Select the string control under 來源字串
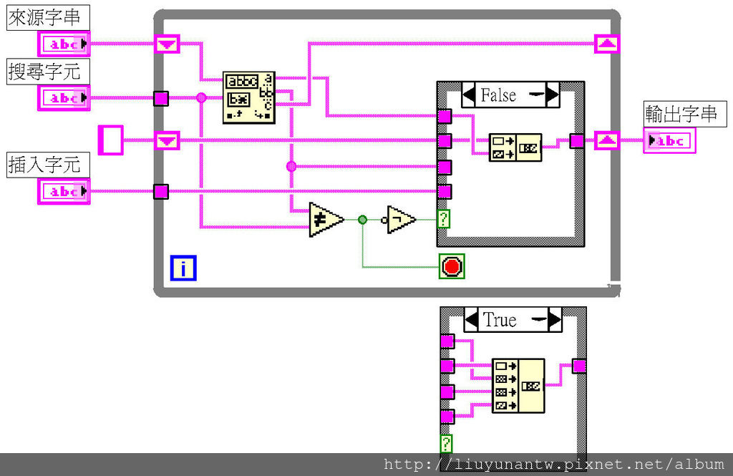click(64, 44)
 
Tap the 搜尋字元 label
click(44, 71)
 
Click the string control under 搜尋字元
click(64, 97)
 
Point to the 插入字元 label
click(44, 165)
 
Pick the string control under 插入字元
click(64, 191)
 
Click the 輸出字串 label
click(681, 114)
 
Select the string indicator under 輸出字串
click(669, 141)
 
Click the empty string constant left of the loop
click(111, 140)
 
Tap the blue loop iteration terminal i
click(183, 268)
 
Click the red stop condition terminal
click(452, 267)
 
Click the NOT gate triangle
click(401, 219)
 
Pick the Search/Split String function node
click(248, 97)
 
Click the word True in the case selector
click(500, 320)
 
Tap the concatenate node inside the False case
click(515, 147)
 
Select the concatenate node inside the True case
click(518, 386)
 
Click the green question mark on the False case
click(444, 219)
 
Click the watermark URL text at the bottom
click(553, 465)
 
